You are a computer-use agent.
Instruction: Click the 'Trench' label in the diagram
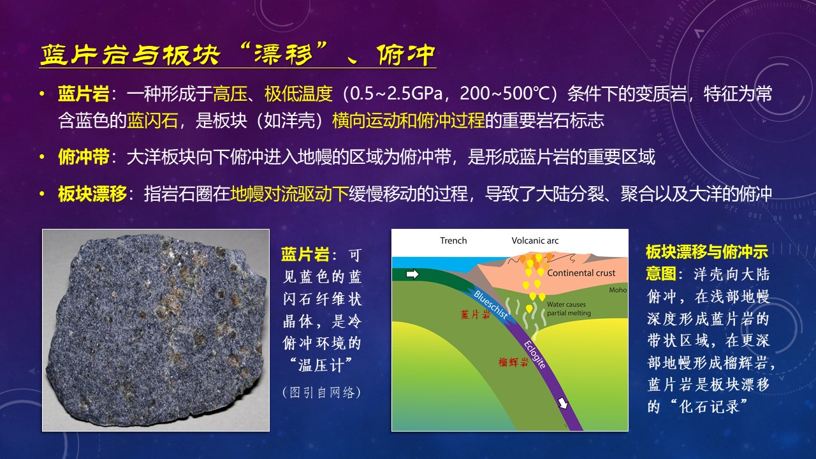click(x=453, y=240)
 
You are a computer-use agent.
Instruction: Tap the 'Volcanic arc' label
click(x=535, y=240)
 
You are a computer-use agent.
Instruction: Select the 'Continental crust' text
click(x=581, y=273)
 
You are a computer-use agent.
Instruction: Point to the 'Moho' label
click(x=618, y=290)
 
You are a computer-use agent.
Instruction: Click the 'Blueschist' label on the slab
click(x=491, y=305)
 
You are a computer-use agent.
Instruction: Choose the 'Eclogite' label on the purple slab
click(x=535, y=354)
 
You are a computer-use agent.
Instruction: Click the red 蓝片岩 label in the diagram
click(x=476, y=314)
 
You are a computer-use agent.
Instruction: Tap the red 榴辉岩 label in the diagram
click(x=513, y=361)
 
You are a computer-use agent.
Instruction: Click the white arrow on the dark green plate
click(x=412, y=274)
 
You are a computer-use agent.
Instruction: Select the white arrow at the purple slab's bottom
click(x=563, y=402)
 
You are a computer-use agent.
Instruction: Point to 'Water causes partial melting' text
click(x=569, y=309)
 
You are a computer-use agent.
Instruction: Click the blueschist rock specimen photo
click(x=156, y=330)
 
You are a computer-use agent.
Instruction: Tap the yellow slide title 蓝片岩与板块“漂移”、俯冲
click(x=238, y=55)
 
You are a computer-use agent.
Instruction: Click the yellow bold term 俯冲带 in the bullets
click(x=84, y=157)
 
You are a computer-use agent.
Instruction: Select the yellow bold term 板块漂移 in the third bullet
click(x=92, y=193)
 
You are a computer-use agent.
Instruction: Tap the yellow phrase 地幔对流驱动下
click(x=289, y=193)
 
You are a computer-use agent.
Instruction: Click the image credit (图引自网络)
click(x=321, y=392)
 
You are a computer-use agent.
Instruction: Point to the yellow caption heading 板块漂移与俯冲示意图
click(x=707, y=262)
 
